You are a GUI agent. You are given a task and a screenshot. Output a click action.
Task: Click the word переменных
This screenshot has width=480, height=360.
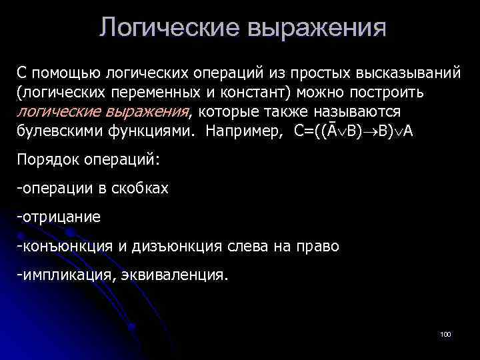pyautogui.click(x=165, y=91)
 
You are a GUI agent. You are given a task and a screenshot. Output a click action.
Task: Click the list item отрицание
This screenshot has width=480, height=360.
pyautogui.click(x=61, y=217)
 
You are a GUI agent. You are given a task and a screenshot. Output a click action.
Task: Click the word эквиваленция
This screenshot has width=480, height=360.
pyautogui.click(x=175, y=275)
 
